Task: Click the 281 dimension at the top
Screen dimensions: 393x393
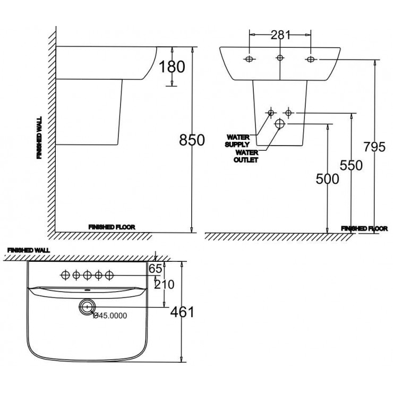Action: coord(280,36)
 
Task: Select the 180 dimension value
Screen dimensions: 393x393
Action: coord(172,67)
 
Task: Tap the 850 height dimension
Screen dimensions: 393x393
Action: coord(192,140)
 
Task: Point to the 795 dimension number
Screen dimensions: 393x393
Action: coord(374,147)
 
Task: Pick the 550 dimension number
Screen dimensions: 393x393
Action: coord(352,166)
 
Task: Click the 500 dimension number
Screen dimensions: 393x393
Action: coord(327,179)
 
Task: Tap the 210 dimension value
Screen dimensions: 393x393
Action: coord(164,285)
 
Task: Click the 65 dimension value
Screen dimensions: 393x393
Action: coord(155,269)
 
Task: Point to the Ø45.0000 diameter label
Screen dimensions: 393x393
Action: coord(110,315)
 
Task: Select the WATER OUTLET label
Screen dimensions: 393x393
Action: coord(246,156)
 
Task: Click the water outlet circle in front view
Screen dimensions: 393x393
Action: coord(280,124)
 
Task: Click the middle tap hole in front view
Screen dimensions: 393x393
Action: coord(279,58)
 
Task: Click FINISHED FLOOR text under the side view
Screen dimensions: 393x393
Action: coord(112,227)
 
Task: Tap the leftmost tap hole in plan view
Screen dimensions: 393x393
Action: coord(66,275)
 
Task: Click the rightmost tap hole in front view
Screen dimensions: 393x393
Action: coord(311,59)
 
